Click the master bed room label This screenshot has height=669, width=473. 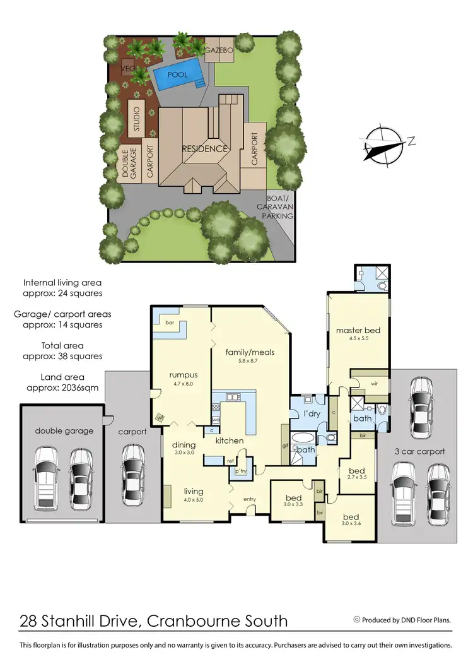click(358, 330)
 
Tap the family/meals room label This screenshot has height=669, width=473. click(250, 352)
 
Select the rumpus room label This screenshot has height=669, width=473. click(184, 374)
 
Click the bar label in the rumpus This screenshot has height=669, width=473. click(170, 323)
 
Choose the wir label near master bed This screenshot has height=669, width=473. click(373, 383)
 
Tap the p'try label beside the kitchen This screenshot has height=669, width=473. click(240, 471)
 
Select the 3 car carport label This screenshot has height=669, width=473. click(419, 451)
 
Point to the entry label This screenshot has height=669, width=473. click(250, 499)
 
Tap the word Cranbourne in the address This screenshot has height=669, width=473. click(185, 621)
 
